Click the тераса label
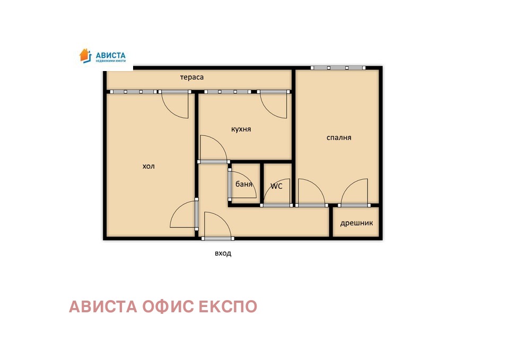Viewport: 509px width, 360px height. click(x=192, y=77)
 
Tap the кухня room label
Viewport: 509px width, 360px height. click(x=241, y=129)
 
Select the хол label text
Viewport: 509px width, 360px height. click(x=148, y=166)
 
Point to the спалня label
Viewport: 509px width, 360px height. click(x=338, y=138)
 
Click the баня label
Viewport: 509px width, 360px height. click(x=244, y=185)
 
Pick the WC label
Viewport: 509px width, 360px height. click(x=276, y=186)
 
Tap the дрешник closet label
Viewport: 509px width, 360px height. click(x=356, y=223)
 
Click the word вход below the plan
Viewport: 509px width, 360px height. click(x=223, y=253)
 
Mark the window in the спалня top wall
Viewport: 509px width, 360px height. click(x=338, y=68)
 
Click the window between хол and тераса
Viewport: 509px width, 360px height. click(x=133, y=92)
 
